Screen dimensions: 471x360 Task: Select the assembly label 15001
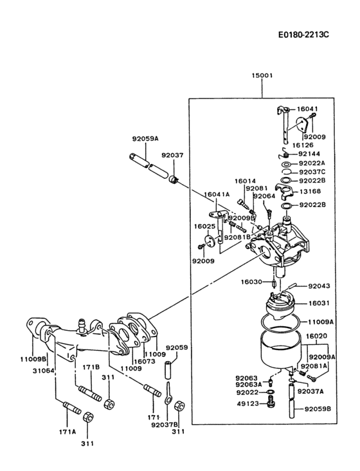click(x=262, y=75)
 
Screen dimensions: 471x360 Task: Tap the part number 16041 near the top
click(x=307, y=109)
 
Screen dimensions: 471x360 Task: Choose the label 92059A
click(x=145, y=138)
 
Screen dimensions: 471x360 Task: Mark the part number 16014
click(x=245, y=181)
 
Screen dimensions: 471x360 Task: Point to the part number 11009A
click(x=321, y=320)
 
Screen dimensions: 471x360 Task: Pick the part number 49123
click(x=247, y=404)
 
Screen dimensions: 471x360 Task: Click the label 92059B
click(x=318, y=409)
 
